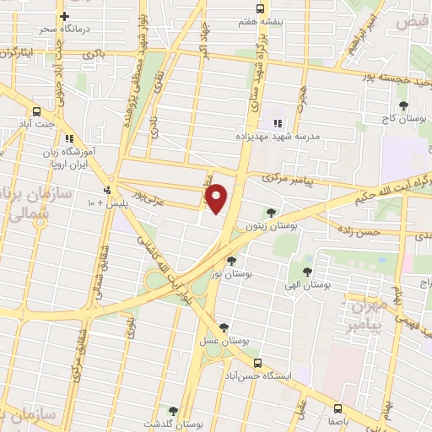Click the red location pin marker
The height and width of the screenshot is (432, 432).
(217, 199)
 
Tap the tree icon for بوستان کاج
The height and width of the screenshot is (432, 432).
(403, 106)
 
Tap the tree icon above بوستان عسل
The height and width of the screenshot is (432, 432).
(224, 328)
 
